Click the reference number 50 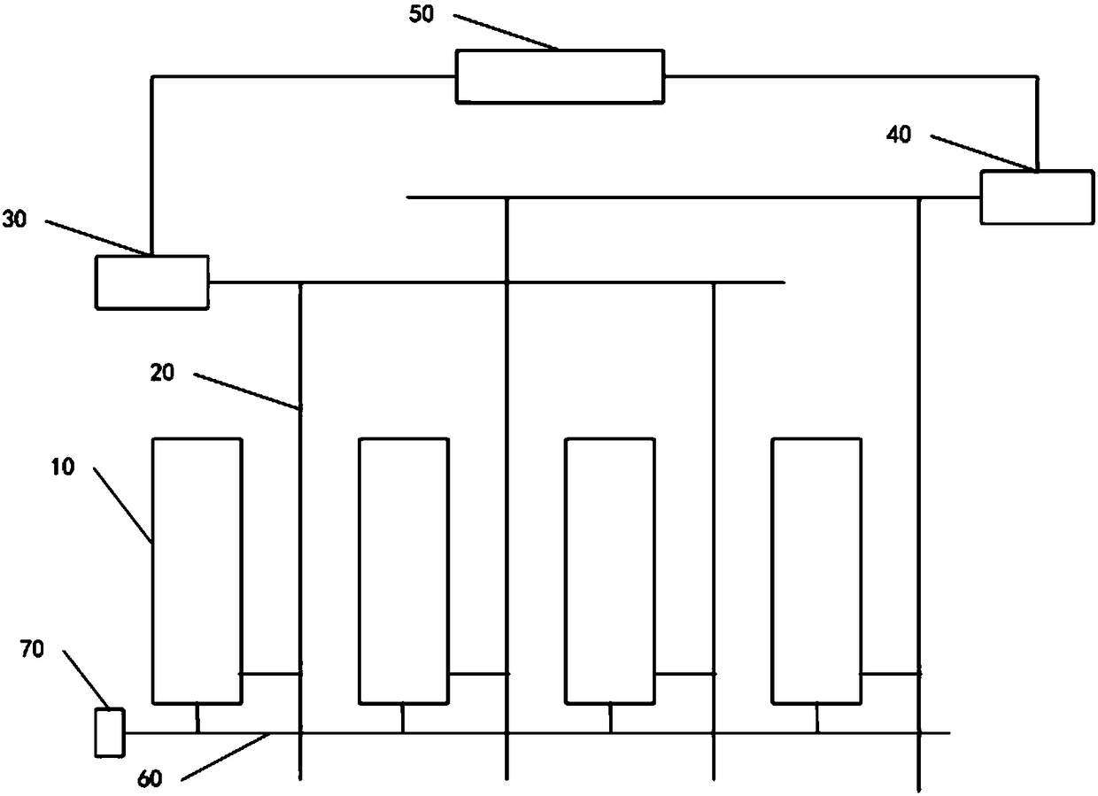422,16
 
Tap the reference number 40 900,135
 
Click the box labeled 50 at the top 559,77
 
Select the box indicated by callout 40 1036,197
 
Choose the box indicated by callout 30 152,282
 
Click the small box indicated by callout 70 110,732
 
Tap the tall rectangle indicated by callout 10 197,571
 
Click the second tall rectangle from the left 403,571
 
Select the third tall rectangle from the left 610,571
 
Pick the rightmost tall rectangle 816,571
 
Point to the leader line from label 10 122,504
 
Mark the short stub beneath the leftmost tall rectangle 197,718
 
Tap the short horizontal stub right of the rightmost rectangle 890,674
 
